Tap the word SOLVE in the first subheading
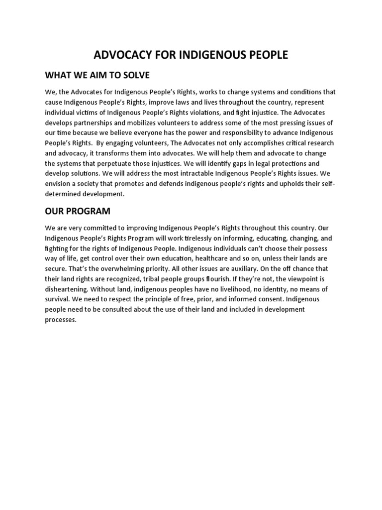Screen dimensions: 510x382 click(135, 75)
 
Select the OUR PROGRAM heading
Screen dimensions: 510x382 click(77, 211)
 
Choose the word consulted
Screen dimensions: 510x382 click(120, 310)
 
